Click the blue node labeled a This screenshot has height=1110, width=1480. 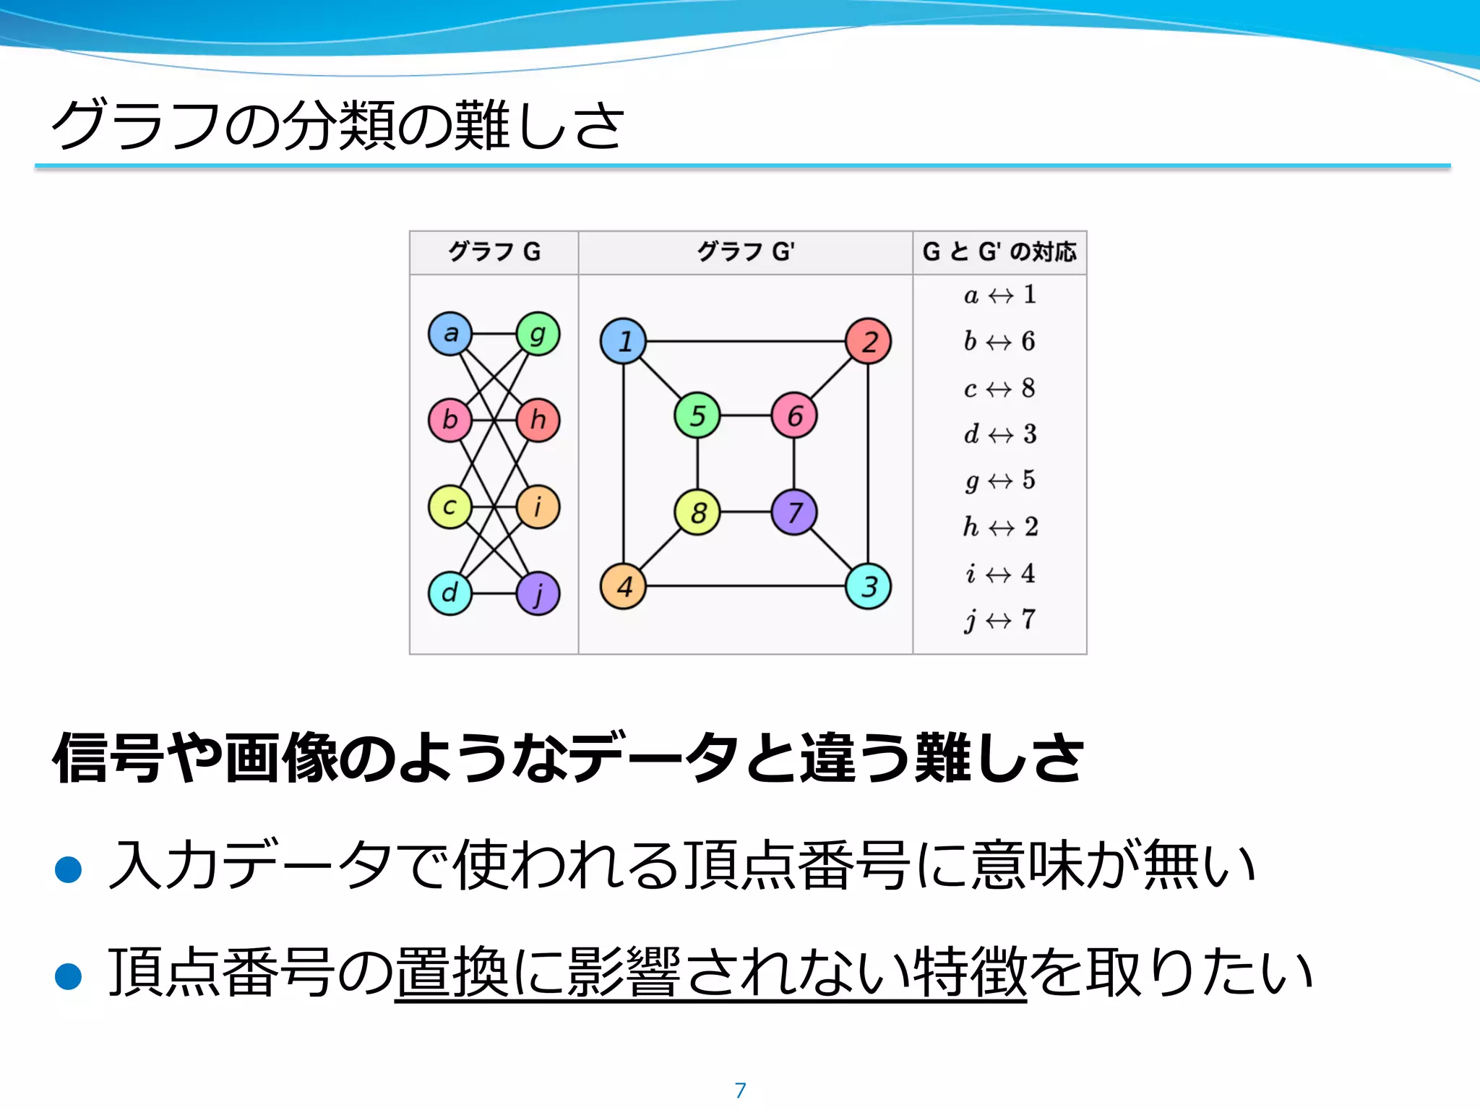point(450,334)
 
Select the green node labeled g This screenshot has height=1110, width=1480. point(538,334)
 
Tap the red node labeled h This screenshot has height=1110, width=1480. point(538,420)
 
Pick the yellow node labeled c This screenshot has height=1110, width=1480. point(450,507)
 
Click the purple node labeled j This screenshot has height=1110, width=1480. point(538,593)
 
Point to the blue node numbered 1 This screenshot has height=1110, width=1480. point(623,341)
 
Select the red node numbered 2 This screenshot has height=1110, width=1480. point(868,341)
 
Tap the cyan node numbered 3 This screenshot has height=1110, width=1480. point(868,586)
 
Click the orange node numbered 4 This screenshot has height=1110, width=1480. point(623,586)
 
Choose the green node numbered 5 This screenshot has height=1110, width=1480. point(697,416)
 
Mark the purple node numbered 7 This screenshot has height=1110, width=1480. point(794,512)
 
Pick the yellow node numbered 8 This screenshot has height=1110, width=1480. point(697,512)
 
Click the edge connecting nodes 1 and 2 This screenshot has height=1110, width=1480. point(744,341)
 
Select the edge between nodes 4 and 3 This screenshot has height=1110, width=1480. point(744,586)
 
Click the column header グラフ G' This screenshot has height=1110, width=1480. point(745,252)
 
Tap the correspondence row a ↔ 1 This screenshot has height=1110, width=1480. point(1000,295)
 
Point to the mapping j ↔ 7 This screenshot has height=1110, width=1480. point(1000,620)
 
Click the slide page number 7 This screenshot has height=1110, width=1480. point(740,1090)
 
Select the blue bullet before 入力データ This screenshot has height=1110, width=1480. point(69,869)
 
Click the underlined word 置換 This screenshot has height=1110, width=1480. point(452,973)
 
